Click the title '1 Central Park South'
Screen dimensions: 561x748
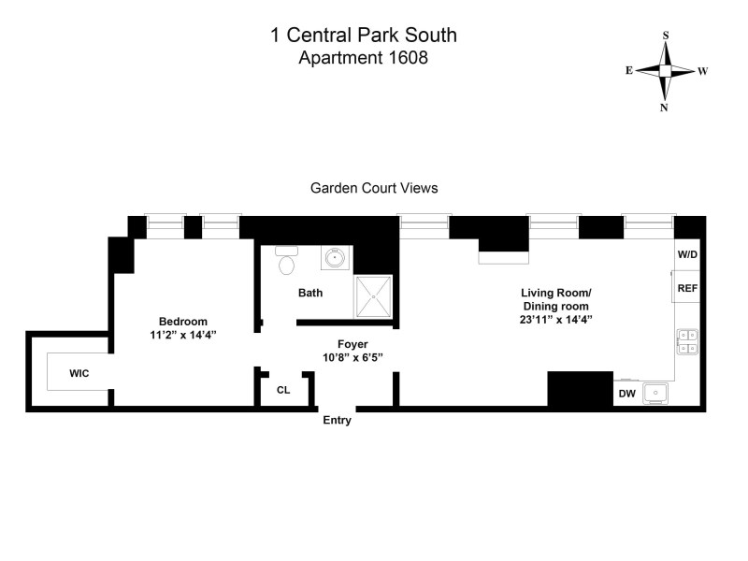pos(364,36)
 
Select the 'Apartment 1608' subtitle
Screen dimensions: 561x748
pos(364,57)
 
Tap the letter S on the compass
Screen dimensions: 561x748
pos(666,36)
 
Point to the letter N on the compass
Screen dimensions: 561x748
pos(665,107)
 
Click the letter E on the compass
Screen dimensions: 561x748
pos(629,70)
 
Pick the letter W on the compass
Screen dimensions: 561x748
pos(702,70)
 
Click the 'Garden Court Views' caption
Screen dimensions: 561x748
pos(374,188)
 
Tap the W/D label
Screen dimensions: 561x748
pos(687,254)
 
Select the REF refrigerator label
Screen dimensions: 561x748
pos(687,288)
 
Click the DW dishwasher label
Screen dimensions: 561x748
pos(626,394)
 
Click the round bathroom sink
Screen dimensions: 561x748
pos(335,258)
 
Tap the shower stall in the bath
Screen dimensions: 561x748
pos(374,295)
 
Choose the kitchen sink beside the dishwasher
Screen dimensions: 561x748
pos(657,393)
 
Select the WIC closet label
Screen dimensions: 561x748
pos(79,373)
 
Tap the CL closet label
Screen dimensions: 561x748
pos(283,390)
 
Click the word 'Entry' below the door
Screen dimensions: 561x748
pos(337,421)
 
